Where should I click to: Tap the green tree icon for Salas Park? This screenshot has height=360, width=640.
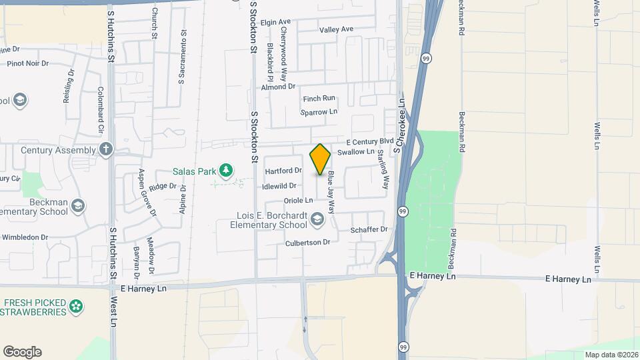click(x=227, y=171)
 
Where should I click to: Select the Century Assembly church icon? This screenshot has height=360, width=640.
click(x=105, y=149)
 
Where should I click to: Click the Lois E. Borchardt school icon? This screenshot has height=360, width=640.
click(x=317, y=218)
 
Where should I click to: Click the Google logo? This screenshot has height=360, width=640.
click(x=22, y=352)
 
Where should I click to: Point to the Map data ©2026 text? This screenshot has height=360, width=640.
click(x=611, y=354)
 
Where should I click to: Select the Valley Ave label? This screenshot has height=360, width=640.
click(x=336, y=29)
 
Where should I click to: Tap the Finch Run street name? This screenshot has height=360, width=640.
click(x=319, y=98)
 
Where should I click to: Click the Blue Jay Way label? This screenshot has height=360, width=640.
click(x=330, y=193)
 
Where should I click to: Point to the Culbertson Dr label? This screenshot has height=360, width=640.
click(x=308, y=243)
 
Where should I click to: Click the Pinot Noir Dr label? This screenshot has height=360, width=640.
click(x=27, y=63)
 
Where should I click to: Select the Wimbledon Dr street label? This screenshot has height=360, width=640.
click(x=25, y=237)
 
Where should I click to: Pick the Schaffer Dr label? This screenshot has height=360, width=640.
click(x=369, y=229)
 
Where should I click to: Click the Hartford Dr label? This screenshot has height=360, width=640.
click(x=283, y=171)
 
